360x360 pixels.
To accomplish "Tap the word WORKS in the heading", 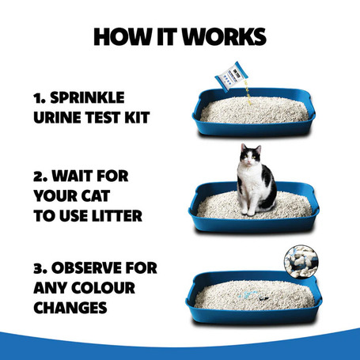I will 225,37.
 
